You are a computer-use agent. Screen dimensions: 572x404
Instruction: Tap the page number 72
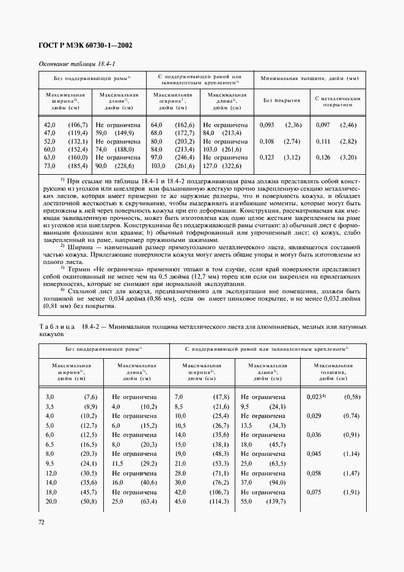pyautogui.click(x=42, y=522)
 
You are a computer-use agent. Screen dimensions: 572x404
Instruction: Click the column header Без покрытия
pyautogui.click(x=281, y=99)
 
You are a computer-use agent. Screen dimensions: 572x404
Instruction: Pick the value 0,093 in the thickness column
pyautogui.click(x=267, y=125)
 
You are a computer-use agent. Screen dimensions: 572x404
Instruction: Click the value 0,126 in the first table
pyautogui.click(x=323, y=157)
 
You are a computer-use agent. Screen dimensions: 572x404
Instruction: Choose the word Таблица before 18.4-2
pyautogui.click(x=58, y=327)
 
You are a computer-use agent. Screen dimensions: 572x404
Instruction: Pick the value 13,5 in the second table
pyautogui.click(x=248, y=425)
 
